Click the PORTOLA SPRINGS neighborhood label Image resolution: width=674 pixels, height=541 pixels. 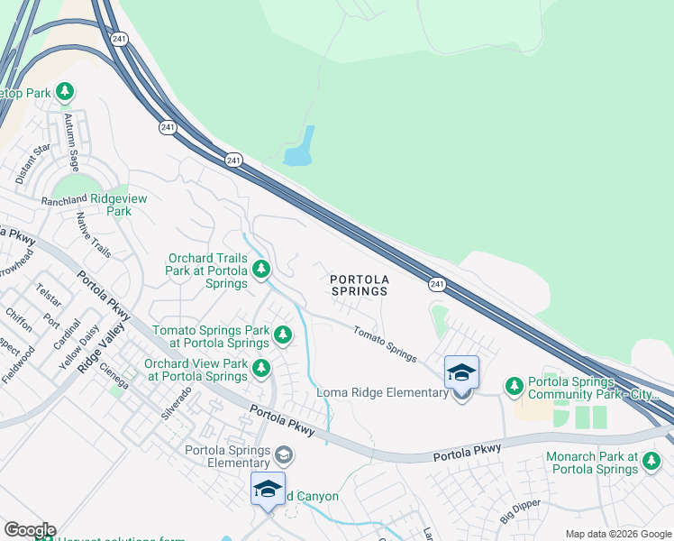(x=359, y=285)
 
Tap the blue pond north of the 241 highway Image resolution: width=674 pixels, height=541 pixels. (x=300, y=148)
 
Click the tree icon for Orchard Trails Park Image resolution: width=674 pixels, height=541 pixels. (x=261, y=269)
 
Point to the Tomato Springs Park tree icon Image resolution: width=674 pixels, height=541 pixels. (x=283, y=335)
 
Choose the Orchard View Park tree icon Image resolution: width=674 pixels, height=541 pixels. (x=261, y=368)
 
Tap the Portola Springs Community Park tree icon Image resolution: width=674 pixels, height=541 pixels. (x=514, y=386)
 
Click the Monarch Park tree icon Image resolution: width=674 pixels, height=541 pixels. (x=651, y=463)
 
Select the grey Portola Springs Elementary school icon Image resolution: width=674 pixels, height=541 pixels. (x=283, y=454)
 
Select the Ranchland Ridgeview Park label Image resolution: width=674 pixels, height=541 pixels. (x=94, y=205)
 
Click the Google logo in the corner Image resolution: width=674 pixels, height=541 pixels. (x=30, y=530)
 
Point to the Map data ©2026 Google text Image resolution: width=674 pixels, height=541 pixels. (x=618, y=534)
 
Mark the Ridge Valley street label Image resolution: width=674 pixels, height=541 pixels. (x=99, y=351)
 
